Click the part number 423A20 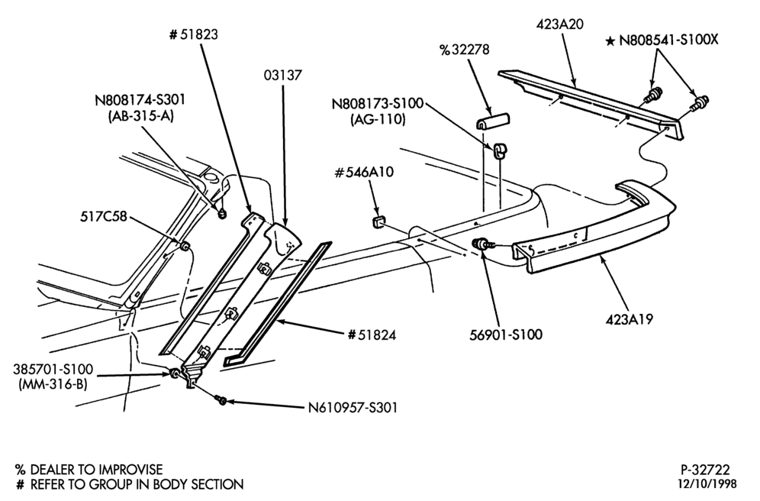tap(560, 24)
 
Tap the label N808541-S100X tap(669, 40)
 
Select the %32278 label tap(465, 50)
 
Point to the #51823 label tap(193, 34)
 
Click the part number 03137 tap(283, 75)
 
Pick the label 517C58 tap(103, 216)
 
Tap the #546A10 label tap(364, 172)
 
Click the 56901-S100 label tap(506, 335)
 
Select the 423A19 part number tap(629, 319)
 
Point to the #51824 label tap(372, 335)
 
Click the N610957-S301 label tap(353, 407)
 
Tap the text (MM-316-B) tap(53, 385)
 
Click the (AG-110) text tap(378, 119)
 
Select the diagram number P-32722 tap(705, 470)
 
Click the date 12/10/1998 tap(707, 483)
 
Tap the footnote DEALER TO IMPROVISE tap(96, 470)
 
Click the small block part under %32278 tap(492, 121)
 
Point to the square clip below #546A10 tap(378, 222)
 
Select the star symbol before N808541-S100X tap(610, 41)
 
